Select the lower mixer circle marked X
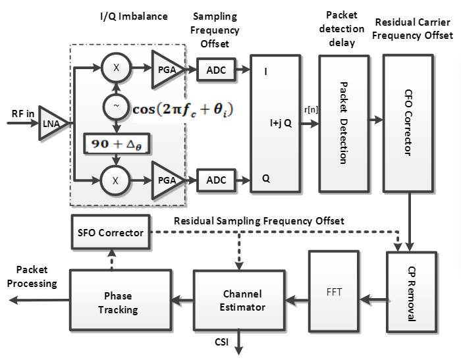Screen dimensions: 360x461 tap(116, 177)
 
